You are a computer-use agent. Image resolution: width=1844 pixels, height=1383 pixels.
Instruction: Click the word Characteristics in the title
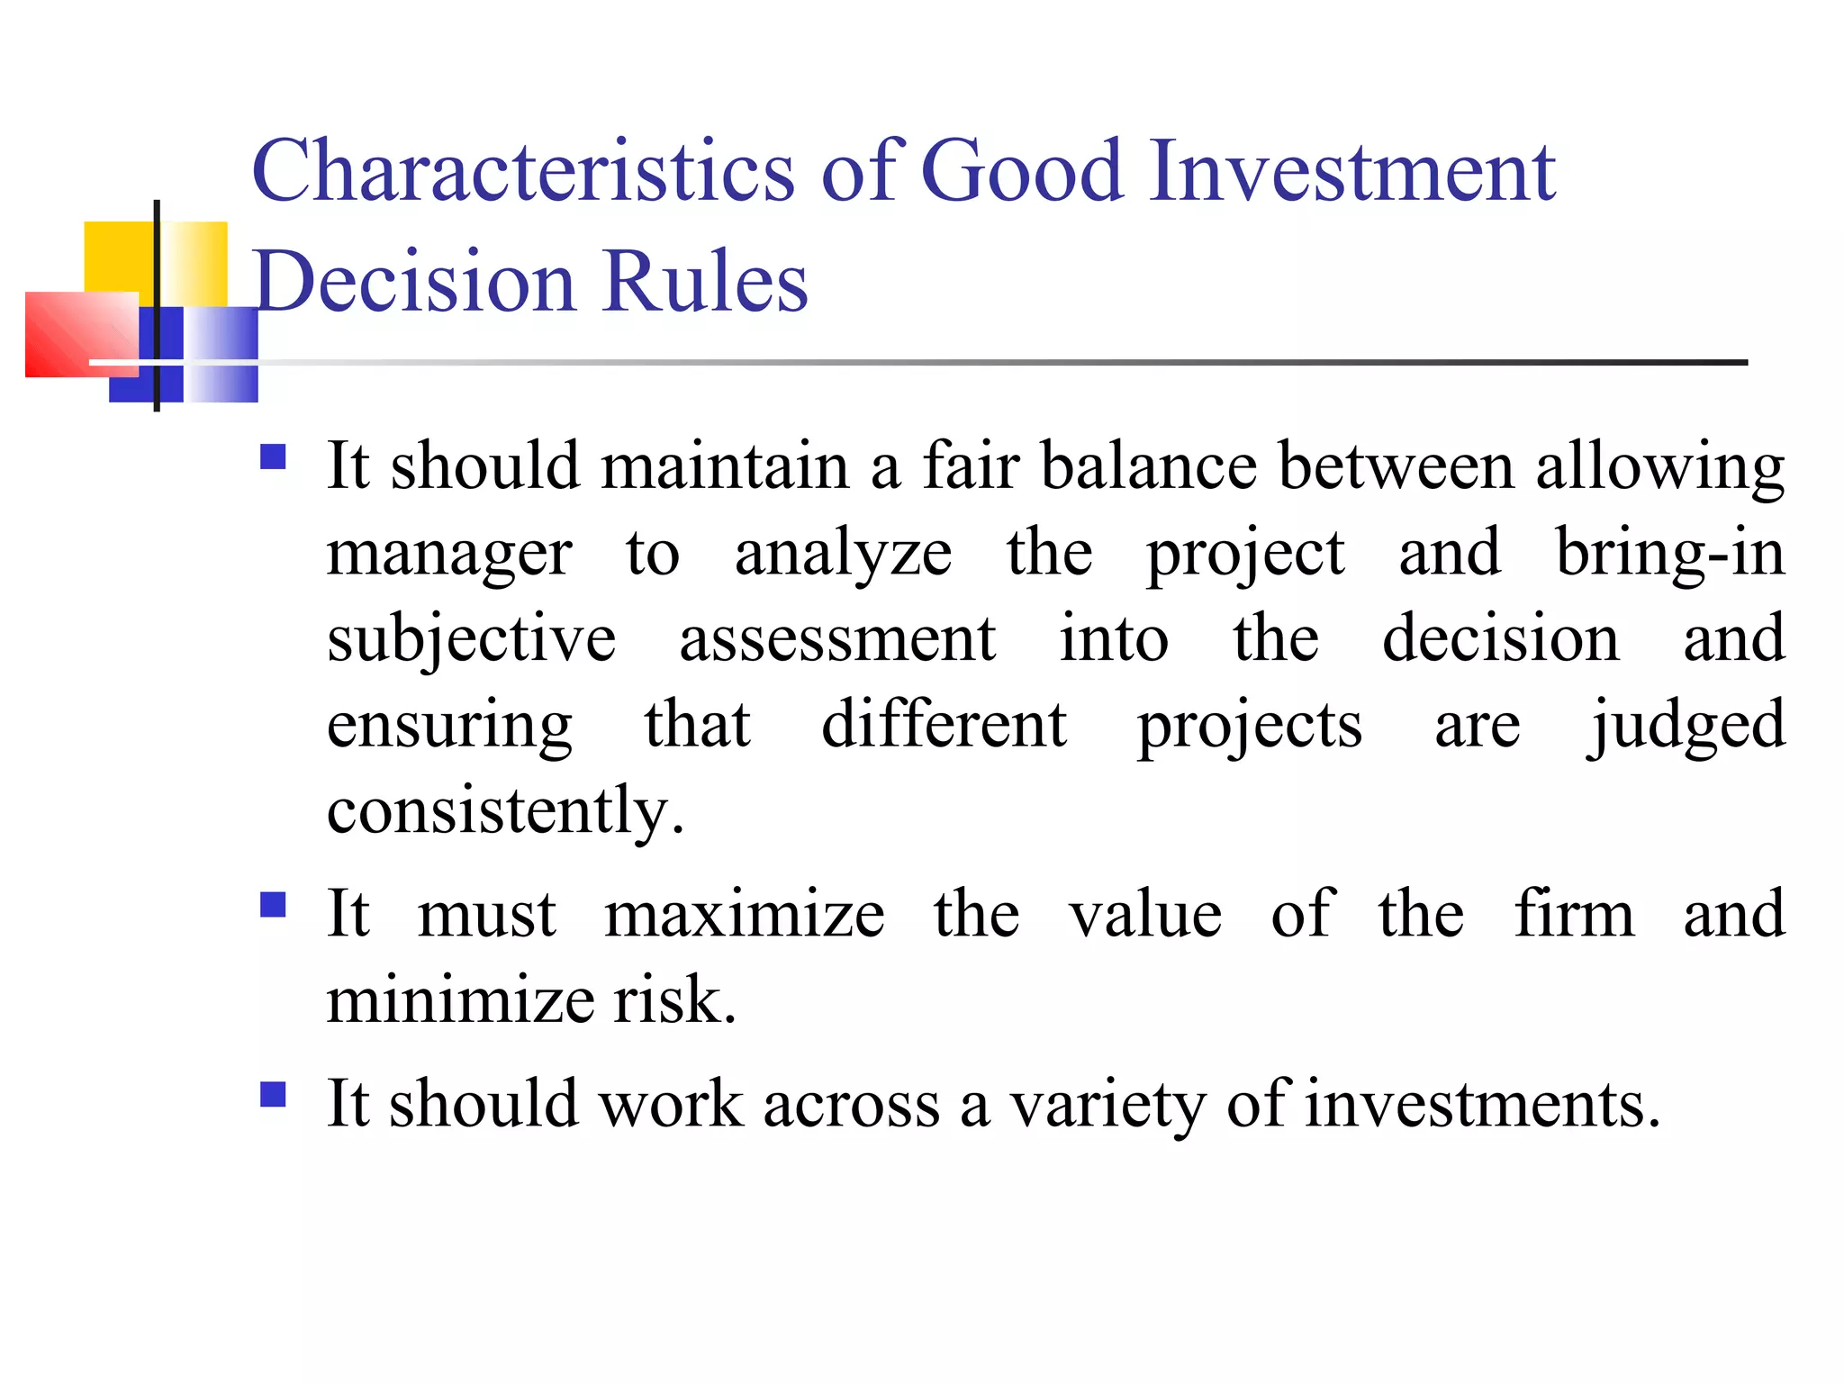523,170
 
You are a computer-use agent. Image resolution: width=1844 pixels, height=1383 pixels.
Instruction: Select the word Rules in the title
706,282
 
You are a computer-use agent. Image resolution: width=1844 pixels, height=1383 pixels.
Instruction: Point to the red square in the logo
81,334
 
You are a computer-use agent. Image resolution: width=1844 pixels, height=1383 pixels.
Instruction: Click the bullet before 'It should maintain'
273,457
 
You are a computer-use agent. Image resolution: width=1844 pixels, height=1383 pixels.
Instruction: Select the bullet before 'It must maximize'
273,904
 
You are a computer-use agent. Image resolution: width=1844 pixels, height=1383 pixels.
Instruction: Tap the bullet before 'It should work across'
273,1094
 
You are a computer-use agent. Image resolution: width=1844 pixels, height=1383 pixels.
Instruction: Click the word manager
449,553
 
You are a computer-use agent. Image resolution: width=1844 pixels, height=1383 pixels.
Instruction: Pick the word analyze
843,553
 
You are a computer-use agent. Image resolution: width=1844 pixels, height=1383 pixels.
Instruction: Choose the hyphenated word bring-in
1670,553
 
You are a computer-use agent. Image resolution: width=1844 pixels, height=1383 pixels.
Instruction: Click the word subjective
471,639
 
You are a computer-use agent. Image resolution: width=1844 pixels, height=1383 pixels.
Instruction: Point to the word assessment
837,639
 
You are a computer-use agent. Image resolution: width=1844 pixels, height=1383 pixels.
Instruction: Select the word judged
1686,726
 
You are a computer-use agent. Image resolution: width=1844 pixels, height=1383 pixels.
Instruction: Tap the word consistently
505,810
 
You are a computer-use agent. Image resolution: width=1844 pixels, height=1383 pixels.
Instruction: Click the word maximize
745,915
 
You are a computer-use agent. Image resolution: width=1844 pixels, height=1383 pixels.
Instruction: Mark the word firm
1574,915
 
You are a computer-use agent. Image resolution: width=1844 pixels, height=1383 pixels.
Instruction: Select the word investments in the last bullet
1482,1104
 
